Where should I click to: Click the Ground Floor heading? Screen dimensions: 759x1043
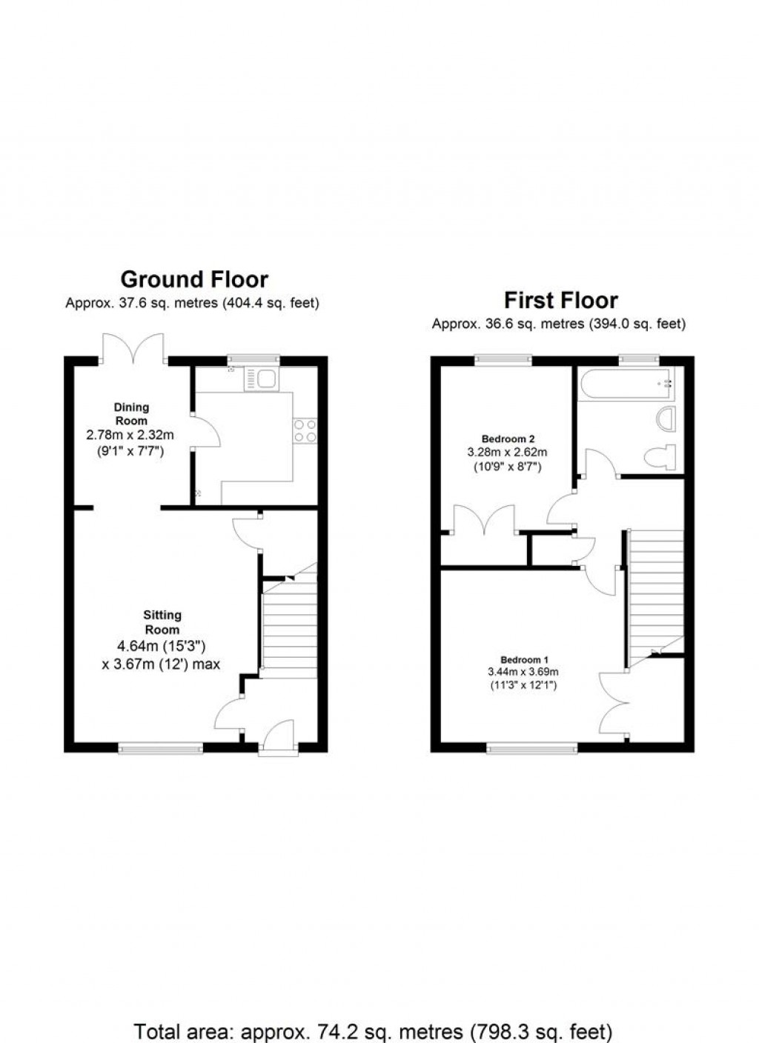pos(194,280)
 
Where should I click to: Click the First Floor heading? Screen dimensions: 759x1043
pos(561,300)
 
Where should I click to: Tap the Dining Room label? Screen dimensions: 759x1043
pos(131,414)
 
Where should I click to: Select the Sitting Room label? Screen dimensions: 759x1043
pos(162,622)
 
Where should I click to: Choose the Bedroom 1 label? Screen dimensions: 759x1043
pos(524,660)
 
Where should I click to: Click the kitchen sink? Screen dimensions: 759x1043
pos(260,379)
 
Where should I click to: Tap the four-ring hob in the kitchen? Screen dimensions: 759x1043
pos(305,430)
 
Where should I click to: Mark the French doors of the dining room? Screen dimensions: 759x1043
pos(133,347)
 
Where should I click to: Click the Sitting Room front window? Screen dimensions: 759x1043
pos(160,747)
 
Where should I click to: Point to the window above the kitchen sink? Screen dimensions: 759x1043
pos(253,359)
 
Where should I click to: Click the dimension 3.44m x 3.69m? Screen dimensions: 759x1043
pos(523,672)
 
